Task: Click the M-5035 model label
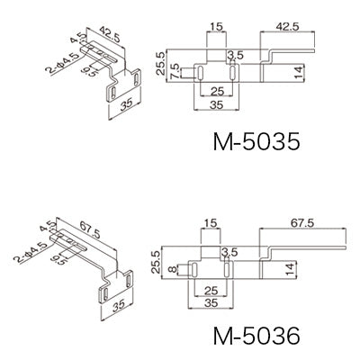(x=256, y=141)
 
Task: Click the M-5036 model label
(x=256, y=335)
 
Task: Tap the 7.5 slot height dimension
(x=175, y=71)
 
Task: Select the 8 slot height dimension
(x=172, y=269)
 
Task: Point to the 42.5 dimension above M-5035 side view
(x=287, y=27)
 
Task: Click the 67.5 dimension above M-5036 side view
(x=302, y=223)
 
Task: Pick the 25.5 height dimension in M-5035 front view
(x=160, y=63)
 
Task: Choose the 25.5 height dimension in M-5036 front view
(x=156, y=262)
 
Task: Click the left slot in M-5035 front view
(x=200, y=74)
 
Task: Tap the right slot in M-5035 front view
(x=233, y=74)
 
